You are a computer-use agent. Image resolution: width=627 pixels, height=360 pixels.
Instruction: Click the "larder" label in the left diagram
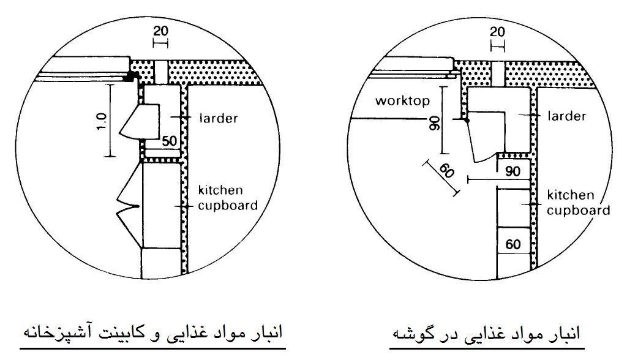[x=219, y=118]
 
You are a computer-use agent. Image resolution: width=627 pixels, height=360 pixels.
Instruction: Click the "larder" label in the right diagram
[x=566, y=116]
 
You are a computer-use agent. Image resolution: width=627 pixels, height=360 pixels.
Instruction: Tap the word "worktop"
[x=403, y=100]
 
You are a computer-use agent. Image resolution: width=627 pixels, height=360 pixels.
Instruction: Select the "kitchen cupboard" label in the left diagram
[x=228, y=198]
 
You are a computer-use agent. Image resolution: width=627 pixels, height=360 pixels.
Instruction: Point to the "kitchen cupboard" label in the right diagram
[x=578, y=203]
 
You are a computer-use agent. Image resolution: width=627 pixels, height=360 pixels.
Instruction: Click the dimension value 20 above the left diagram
[x=161, y=31]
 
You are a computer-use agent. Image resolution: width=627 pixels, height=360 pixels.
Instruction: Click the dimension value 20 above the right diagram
[x=497, y=32]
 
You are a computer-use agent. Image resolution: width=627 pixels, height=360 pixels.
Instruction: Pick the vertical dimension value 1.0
[x=102, y=121]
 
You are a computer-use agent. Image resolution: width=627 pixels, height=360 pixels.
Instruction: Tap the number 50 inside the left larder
[x=169, y=141]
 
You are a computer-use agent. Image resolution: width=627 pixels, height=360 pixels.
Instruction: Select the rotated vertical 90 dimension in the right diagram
[x=434, y=123]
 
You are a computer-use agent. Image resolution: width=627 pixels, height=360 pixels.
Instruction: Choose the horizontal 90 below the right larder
[x=512, y=171]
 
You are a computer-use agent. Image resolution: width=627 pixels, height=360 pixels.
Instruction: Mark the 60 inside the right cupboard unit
[x=513, y=244]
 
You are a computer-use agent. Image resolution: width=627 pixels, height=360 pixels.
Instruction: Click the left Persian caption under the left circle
[x=152, y=333]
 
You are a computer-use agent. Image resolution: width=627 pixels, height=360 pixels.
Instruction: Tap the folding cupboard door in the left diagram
[x=129, y=205]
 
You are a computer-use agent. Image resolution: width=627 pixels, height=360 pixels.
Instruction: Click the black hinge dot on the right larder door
[x=467, y=119]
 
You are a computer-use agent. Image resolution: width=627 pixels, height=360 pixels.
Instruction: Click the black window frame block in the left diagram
[x=131, y=77]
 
